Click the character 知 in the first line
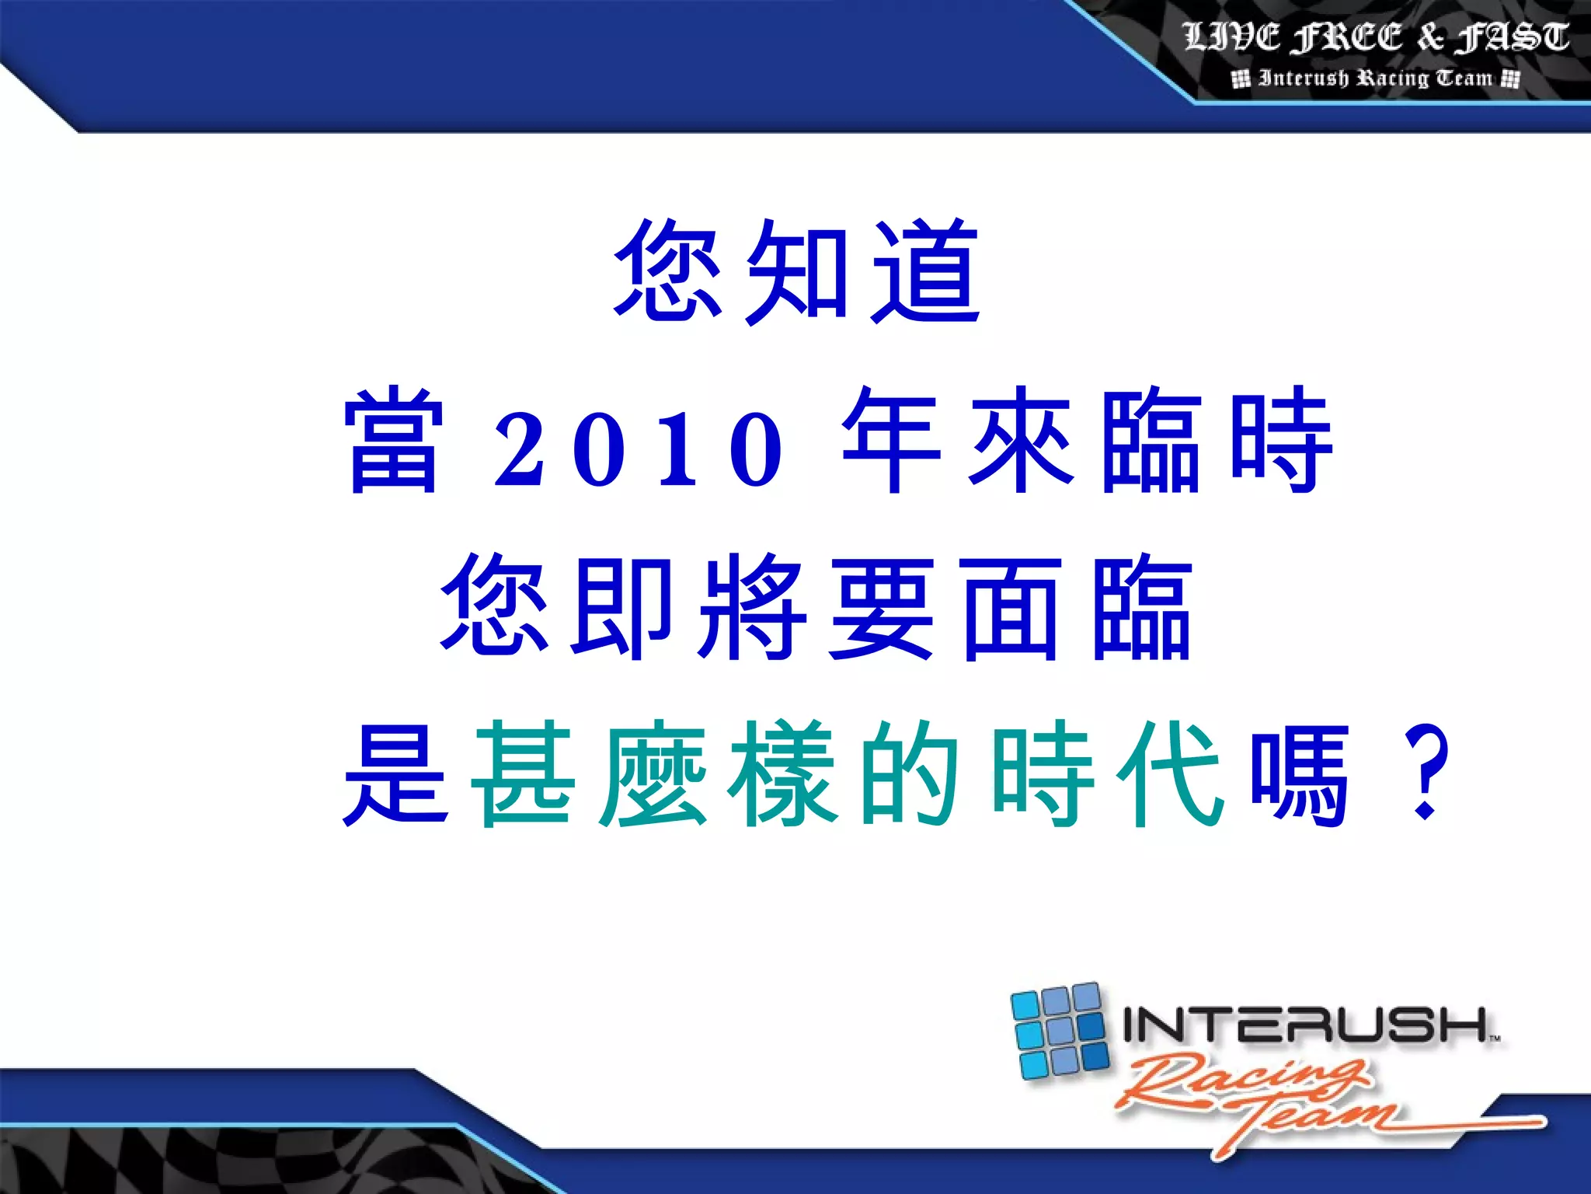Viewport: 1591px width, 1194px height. tap(795, 272)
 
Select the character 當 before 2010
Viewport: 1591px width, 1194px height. tap(394, 440)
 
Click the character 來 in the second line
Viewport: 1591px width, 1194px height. tap(1022, 440)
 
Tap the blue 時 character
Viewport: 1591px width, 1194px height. tap(1282, 440)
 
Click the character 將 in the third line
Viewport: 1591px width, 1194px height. tap(752, 608)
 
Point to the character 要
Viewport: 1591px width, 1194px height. tap(881, 608)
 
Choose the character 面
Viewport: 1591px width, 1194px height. tap(1010, 608)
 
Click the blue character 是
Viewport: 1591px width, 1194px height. tap(395, 773)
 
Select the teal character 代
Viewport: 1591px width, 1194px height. tap(1171, 773)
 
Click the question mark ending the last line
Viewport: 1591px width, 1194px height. tap(1426, 773)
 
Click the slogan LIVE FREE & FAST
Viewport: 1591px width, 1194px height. tap(1376, 37)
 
